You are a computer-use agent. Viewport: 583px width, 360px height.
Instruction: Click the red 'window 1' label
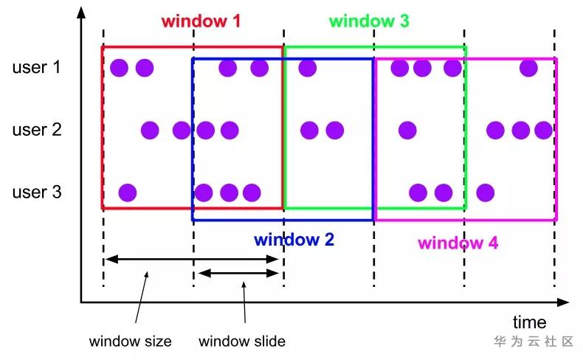[201, 21]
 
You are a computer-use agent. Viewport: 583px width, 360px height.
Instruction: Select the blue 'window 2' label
[294, 240]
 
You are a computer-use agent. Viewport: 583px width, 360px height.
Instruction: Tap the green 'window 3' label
[368, 21]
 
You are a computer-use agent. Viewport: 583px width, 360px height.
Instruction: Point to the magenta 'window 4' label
[458, 243]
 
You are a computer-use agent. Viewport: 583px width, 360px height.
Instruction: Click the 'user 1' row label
[36, 68]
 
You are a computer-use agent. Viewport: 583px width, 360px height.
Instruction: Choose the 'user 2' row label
[36, 131]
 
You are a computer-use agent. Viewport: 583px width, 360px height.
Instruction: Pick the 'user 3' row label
[36, 193]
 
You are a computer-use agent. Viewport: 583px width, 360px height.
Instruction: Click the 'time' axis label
[530, 322]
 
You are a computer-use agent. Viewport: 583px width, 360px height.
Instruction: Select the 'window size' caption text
[131, 342]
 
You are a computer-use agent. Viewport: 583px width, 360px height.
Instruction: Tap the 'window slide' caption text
[242, 342]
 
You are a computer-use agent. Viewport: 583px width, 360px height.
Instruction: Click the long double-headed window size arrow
[193, 258]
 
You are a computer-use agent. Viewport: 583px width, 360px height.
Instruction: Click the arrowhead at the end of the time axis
[564, 302]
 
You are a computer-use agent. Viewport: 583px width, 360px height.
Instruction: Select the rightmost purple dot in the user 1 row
[528, 69]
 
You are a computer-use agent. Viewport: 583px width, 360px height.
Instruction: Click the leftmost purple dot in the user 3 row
[128, 193]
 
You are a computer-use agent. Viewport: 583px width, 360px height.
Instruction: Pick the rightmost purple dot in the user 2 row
[544, 131]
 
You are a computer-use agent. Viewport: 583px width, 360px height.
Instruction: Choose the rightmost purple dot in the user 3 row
[485, 193]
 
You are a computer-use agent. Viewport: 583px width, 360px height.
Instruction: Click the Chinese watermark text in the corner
[534, 342]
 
